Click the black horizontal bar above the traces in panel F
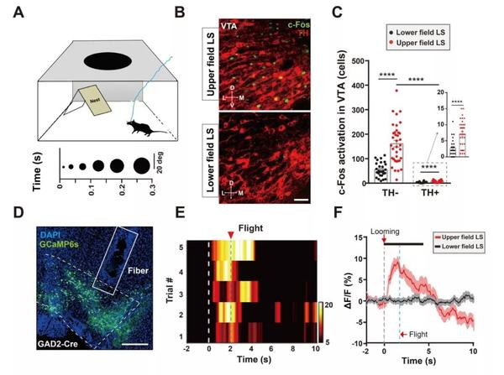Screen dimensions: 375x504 (404, 243)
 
